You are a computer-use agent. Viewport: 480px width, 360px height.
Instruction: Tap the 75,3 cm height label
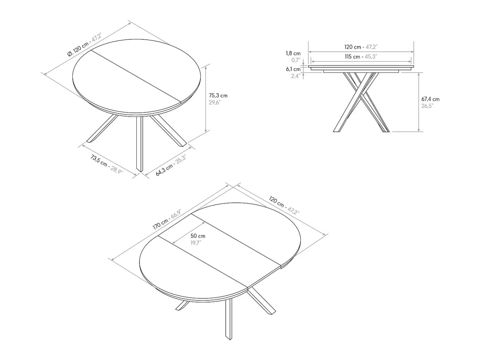[218, 96]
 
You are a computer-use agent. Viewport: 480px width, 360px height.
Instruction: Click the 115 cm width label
[352, 56]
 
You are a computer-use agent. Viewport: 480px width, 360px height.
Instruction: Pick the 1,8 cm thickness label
[293, 53]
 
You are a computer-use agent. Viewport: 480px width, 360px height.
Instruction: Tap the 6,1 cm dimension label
[293, 69]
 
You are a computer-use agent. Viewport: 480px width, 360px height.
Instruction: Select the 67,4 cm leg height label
[430, 99]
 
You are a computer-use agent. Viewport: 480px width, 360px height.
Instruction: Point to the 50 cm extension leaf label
[198, 236]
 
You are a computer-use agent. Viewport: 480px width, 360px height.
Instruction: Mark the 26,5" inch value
[427, 106]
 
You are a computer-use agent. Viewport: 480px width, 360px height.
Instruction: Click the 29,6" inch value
[214, 102]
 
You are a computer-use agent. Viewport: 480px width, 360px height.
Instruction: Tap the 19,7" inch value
[196, 243]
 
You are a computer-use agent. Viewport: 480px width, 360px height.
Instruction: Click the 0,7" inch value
[296, 60]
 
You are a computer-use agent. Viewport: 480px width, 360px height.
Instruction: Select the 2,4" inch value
[296, 76]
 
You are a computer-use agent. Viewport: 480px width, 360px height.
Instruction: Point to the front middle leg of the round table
[139, 144]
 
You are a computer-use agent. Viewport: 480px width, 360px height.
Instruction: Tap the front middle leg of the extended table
[229, 319]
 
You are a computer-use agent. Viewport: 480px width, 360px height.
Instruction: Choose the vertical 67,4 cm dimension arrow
[419, 102]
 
